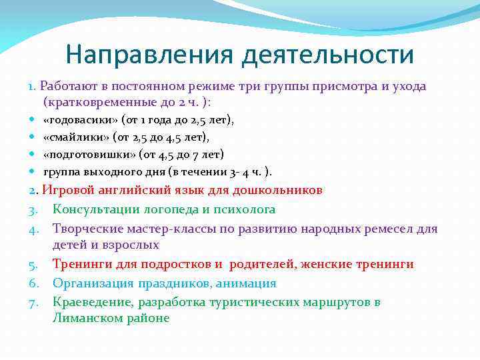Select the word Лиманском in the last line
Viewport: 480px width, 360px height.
coord(83,318)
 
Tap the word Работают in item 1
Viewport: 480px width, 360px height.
coord(66,86)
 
